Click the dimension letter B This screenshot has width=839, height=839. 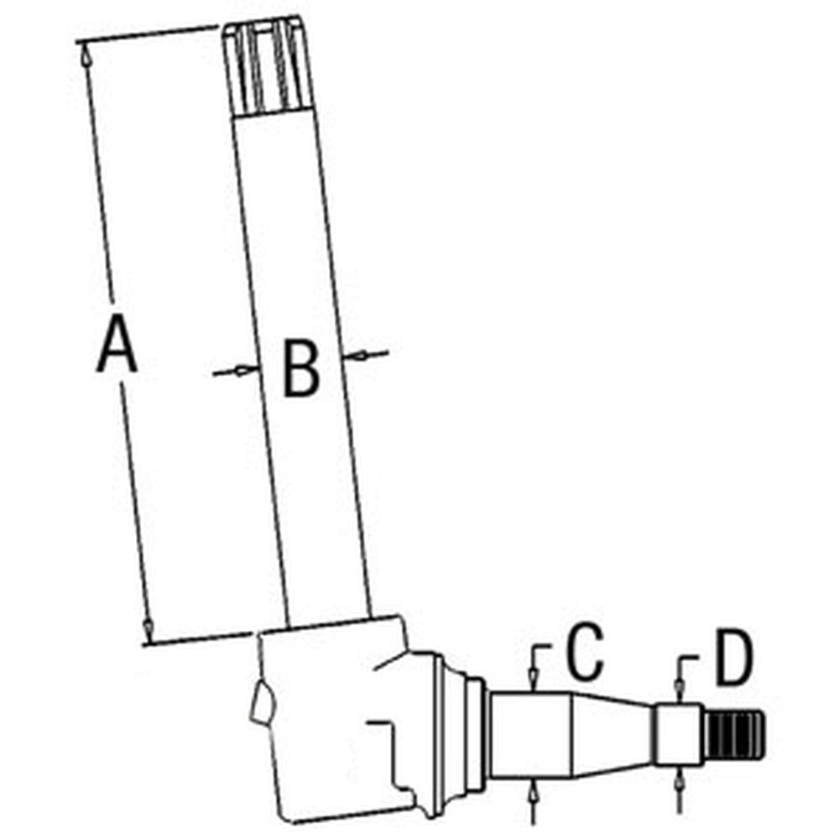pyautogui.click(x=300, y=367)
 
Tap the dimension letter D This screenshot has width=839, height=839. pyautogui.click(x=734, y=660)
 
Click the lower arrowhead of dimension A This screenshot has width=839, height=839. pyautogui.click(x=148, y=626)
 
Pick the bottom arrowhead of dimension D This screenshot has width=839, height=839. pyautogui.click(x=679, y=779)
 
